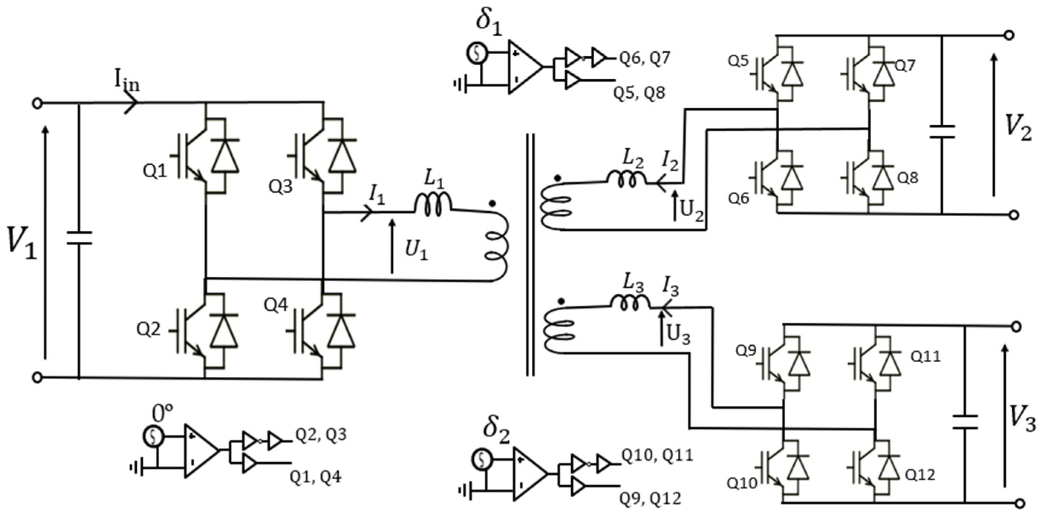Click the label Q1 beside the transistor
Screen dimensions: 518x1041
[x=154, y=172]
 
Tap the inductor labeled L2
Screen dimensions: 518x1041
[x=626, y=179]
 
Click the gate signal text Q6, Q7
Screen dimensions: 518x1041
[x=645, y=59]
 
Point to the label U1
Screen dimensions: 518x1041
[x=416, y=251]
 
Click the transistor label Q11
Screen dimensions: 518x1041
[x=926, y=356]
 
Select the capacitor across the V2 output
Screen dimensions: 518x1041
[x=942, y=132]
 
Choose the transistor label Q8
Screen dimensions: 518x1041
[x=908, y=178]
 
